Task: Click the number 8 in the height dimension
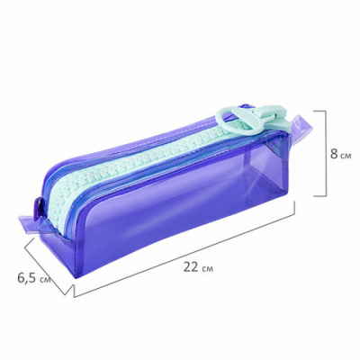point(334,154)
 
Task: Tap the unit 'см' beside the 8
point(346,156)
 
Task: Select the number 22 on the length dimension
point(191,266)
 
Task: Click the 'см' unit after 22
point(208,268)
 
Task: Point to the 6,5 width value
point(28,278)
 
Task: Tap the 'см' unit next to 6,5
point(45,280)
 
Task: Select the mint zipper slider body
point(271,114)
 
